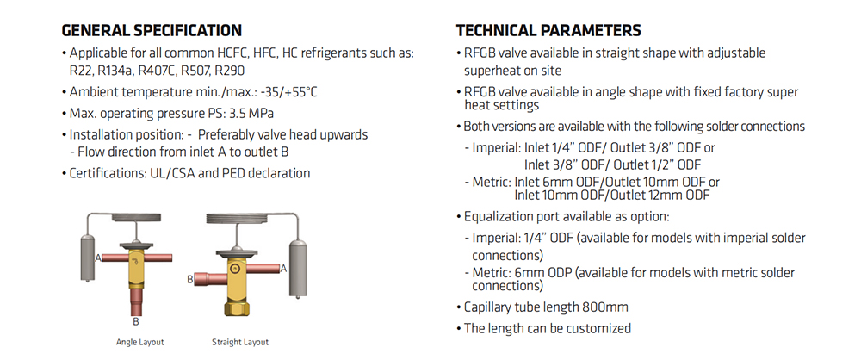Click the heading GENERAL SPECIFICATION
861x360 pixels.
(152, 29)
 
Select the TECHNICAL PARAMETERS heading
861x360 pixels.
(548, 29)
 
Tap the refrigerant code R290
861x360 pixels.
(230, 71)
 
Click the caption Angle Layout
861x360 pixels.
(140, 343)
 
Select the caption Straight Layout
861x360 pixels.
(240, 343)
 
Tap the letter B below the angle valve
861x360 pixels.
(136, 321)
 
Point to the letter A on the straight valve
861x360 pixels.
(284, 269)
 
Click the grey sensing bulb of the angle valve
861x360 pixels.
(89, 253)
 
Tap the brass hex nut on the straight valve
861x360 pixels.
(235, 307)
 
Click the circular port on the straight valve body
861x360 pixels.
(235, 269)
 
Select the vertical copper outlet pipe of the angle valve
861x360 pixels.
(136, 301)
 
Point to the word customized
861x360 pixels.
(599, 329)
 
